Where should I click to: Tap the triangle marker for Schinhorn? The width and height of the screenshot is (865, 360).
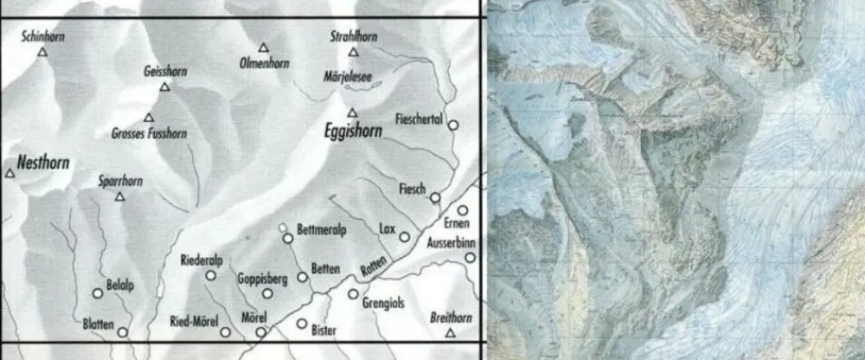pyautogui.click(x=42, y=52)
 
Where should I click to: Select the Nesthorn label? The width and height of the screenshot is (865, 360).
pyautogui.click(x=42, y=162)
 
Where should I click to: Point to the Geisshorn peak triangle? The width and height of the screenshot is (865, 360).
pyautogui.click(x=164, y=87)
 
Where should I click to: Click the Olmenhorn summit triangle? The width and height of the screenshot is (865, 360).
pyautogui.click(x=263, y=48)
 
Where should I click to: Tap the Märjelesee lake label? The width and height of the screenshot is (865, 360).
pyautogui.click(x=347, y=76)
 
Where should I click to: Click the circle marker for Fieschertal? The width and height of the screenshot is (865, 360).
pyautogui.click(x=452, y=125)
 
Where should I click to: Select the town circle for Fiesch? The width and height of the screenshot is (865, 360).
pyautogui.click(x=435, y=197)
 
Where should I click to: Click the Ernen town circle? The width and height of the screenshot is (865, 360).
pyautogui.click(x=463, y=210)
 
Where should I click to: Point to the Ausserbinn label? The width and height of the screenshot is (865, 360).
pyautogui.click(x=452, y=243)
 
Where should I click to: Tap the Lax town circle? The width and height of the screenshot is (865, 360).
pyautogui.click(x=404, y=237)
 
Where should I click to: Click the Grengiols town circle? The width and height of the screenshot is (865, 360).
pyautogui.click(x=353, y=293)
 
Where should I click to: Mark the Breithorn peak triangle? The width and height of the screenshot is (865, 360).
pyautogui.click(x=450, y=333)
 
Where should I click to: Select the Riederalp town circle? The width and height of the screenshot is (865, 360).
pyautogui.click(x=210, y=276)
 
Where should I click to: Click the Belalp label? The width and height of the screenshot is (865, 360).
pyautogui.click(x=120, y=283)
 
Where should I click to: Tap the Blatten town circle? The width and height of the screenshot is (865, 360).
pyautogui.click(x=123, y=331)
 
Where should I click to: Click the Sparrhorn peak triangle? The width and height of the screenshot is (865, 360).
pyautogui.click(x=120, y=196)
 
